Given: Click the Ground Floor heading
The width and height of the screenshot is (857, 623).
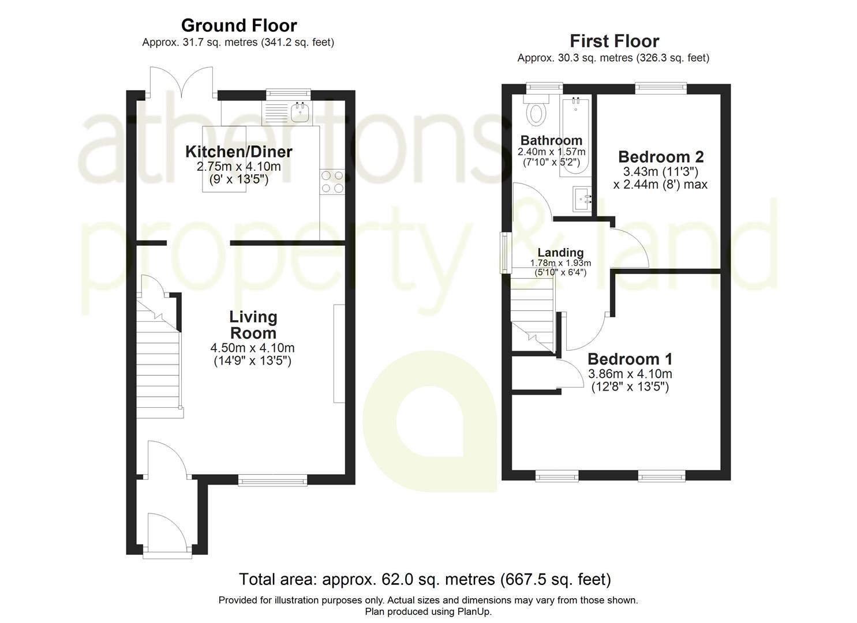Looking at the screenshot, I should click(x=238, y=25).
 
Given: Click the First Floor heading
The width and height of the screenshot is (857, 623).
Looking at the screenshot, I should click(x=614, y=41).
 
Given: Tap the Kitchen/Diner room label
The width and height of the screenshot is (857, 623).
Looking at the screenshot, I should click(x=238, y=152).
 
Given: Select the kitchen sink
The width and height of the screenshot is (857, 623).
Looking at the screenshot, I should click(x=300, y=114).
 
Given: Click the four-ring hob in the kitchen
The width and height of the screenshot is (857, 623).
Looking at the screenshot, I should click(x=332, y=181).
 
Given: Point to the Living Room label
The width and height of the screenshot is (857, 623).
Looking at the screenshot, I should click(x=253, y=325).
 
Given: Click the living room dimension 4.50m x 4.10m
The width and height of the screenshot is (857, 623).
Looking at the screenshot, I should click(x=252, y=348).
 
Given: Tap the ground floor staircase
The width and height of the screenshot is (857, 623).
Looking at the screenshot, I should click(x=159, y=369).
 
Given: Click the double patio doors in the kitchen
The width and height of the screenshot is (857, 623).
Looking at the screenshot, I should click(x=182, y=84).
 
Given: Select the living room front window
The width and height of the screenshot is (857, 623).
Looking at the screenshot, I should click(x=273, y=479).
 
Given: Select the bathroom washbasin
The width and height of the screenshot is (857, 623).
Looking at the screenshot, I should click(x=583, y=199).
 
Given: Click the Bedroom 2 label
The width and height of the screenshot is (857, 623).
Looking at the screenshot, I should click(x=661, y=157).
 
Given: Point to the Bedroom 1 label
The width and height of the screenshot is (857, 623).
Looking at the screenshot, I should click(x=630, y=359).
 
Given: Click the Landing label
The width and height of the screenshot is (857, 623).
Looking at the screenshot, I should click(x=560, y=253).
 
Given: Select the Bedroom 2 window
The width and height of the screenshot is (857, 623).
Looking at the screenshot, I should click(x=661, y=87).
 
